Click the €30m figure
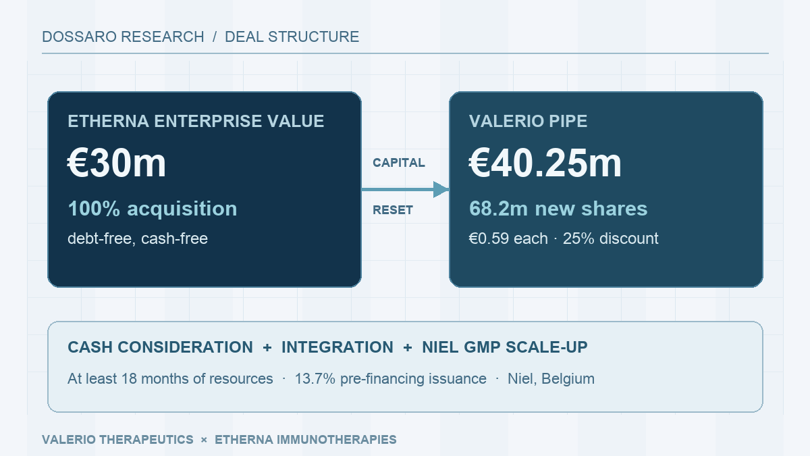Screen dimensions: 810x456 (116, 163)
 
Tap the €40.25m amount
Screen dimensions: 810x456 (545, 163)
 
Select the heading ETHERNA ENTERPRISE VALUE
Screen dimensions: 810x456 (196, 121)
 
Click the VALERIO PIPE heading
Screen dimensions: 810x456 (528, 121)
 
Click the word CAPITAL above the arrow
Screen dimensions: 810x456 (399, 163)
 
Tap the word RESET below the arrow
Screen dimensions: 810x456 (393, 210)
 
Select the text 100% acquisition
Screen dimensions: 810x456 (153, 209)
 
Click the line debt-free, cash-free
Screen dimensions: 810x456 (138, 238)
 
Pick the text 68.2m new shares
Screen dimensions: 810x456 (558, 209)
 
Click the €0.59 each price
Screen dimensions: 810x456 (508, 238)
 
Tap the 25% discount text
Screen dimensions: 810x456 (611, 238)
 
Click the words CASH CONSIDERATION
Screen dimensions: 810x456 (160, 347)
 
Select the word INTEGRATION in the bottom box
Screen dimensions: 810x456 (337, 347)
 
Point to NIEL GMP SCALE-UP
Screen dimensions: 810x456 (505, 347)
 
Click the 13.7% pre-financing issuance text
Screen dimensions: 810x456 (391, 379)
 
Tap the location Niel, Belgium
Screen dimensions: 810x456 (551, 379)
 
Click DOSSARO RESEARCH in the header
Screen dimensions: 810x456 (123, 37)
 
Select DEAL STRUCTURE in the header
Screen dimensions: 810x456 (292, 37)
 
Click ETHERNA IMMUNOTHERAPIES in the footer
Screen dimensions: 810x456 (306, 439)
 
